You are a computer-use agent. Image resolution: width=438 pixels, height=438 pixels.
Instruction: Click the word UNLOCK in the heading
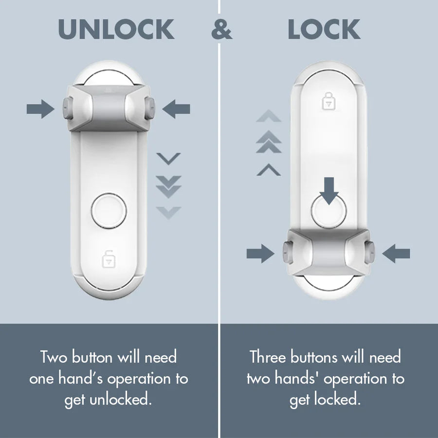[x=116, y=30]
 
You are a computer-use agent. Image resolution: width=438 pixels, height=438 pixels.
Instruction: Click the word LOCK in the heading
[x=324, y=30]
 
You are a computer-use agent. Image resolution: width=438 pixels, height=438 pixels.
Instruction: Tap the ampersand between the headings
[x=221, y=30]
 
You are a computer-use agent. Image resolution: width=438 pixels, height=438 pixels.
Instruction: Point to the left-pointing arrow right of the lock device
[x=396, y=253]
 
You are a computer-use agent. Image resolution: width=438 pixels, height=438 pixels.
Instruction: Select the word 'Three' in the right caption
[x=268, y=357]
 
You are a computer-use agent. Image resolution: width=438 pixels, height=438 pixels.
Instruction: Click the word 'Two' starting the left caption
[x=54, y=357]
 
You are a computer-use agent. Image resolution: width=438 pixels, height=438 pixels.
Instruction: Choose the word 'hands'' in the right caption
[x=294, y=379]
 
